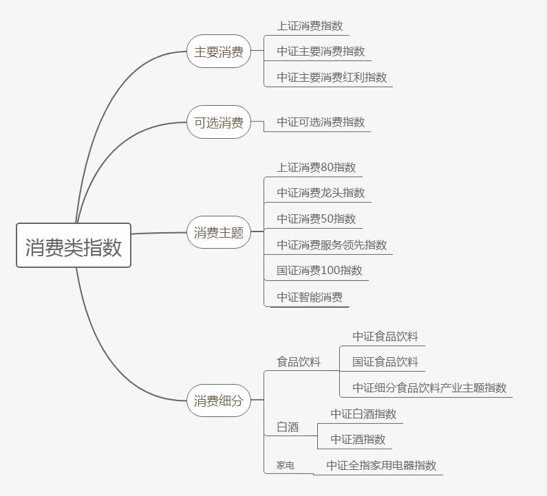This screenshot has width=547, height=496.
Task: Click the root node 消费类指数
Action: coord(74,246)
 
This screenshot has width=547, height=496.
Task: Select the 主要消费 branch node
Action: coord(219,52)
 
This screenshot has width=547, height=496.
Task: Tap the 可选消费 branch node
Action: coord(219,122)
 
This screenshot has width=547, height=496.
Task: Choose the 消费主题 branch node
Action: coord(219,232)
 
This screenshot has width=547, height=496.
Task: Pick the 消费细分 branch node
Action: coord(219,401)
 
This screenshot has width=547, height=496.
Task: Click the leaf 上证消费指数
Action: coord(310,26)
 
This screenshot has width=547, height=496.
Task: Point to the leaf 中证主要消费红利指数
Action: coord(332,78)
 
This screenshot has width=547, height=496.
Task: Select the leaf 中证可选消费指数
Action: coord(321,122)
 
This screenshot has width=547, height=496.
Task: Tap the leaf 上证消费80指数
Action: coord(317,167)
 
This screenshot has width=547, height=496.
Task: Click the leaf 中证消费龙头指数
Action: coord(321,193)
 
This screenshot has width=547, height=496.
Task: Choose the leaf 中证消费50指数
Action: coord(317,219)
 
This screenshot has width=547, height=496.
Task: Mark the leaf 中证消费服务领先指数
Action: coord(332,245)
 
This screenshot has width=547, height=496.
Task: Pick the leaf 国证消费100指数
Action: coord(319,271)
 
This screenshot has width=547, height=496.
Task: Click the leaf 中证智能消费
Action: coord(310,297)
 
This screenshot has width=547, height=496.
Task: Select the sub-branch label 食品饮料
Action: coord(299,361)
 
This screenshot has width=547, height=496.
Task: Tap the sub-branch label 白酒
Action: coord(288,427)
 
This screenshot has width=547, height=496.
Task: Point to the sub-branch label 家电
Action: coord(286,465)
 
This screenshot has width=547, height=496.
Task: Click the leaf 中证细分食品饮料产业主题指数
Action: coord(429,388)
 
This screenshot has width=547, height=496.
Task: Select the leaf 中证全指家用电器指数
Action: coord(381,466)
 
